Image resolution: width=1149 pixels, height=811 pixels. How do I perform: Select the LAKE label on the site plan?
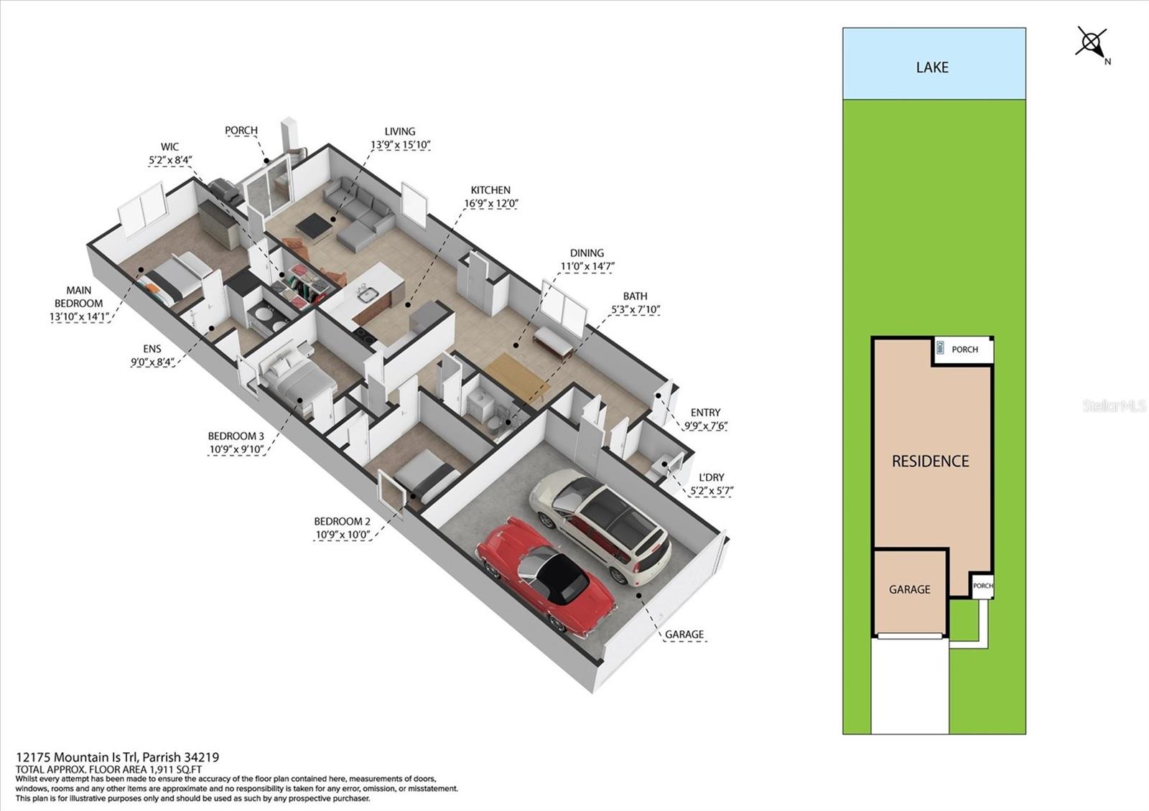[x=932, y=67]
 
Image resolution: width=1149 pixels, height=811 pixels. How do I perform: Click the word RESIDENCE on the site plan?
[x=930, y=461]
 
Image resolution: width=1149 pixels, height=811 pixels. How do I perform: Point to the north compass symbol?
[x=1092, y=43]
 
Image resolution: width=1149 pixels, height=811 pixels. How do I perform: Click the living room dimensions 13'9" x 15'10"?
[x=400, y=145]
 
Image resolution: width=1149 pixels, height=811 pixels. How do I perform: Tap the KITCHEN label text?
[x=490, y=190]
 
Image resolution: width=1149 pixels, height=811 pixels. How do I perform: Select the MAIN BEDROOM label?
[x=78, y=297]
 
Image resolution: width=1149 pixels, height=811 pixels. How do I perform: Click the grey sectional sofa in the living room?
[x=359, y=215]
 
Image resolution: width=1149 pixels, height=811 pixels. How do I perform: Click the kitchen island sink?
[x=367, y=295]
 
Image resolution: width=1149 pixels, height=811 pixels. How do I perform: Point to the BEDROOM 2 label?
[x=342, y=522]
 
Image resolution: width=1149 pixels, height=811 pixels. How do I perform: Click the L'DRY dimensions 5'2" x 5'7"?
[x=712, y=491]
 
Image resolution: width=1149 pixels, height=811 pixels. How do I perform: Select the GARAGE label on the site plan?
[x=909, y=589]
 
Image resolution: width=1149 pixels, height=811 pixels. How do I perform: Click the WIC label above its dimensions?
[x=169, y=147]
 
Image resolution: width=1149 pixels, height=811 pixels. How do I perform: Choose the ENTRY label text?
[x=705, y=413]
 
